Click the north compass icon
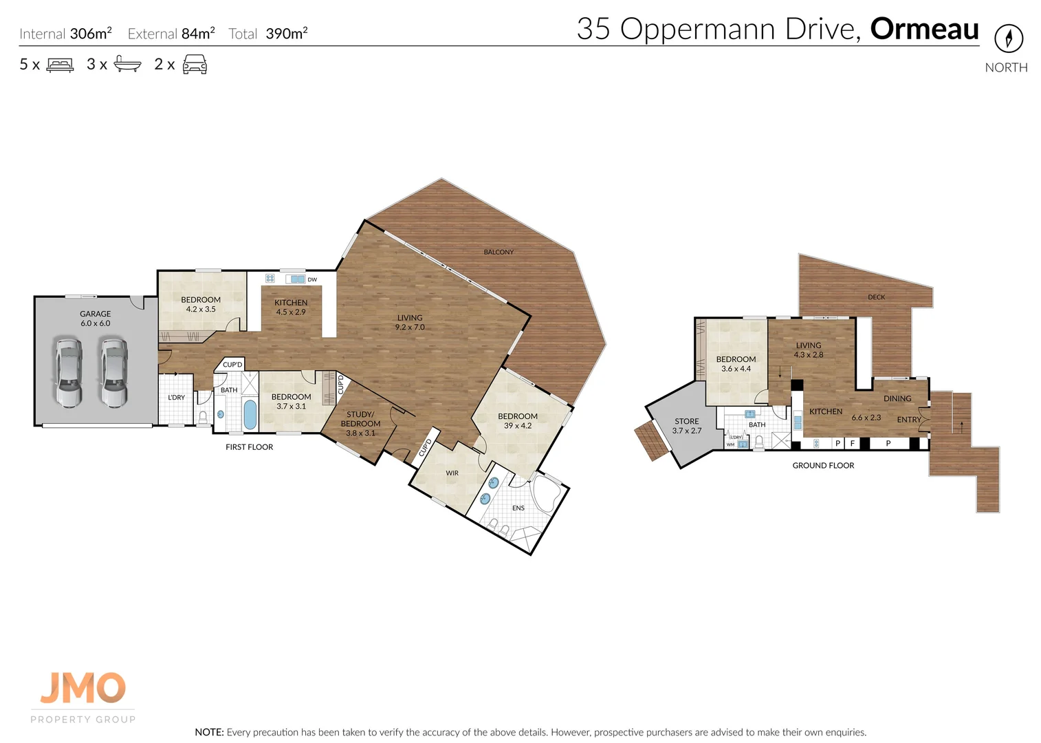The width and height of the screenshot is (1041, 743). pos(1008,38)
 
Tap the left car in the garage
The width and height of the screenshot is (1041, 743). pos(69,372)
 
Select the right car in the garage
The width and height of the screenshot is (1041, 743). pos(113,372)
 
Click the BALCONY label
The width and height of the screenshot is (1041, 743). pos(498,252)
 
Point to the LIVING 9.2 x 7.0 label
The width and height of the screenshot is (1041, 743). pos(410,323)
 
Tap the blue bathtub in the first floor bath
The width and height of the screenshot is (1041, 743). pos(250,414)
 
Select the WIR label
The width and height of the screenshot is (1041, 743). pos(452,473)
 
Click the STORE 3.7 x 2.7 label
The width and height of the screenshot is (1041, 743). pos(686,426)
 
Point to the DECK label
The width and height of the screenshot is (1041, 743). pos(876,297)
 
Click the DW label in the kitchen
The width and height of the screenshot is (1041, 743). pos(312,279)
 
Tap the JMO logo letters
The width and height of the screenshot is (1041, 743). pos(83,688)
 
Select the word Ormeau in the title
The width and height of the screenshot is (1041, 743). pos(924,29)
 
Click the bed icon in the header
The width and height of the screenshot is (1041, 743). pos(60,65)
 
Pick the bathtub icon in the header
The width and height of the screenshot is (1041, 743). pos(127,64)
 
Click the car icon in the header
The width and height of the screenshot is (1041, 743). pos(195,65)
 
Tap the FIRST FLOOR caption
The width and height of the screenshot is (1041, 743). pos(249,447)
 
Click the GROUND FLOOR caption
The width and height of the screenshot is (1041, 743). pos(823,466)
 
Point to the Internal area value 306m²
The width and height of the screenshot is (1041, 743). pos(91,34)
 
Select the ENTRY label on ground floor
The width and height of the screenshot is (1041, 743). pos(908,420)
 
